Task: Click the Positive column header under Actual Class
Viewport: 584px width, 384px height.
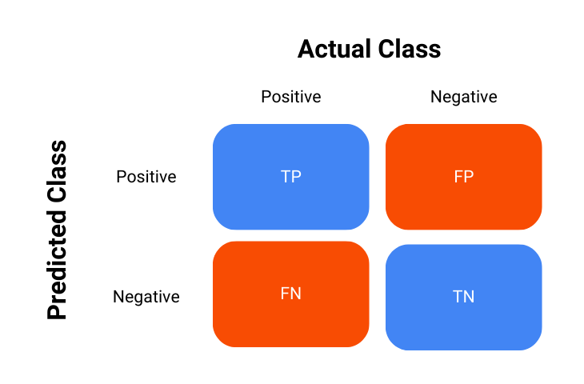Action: tap(290, 97)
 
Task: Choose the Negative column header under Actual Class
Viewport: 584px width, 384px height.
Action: tap(463, 97)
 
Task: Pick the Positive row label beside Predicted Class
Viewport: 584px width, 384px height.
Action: tap(146, 176)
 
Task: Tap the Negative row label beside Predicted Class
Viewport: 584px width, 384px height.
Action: tap(146, 297)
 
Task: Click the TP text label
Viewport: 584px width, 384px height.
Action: tap(291, 177)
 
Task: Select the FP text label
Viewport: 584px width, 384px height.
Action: tap(463, 177)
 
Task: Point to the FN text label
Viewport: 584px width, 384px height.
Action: tap(291, 294)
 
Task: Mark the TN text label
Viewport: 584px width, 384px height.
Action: tap(463, 297)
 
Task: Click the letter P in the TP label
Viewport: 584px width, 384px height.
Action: tap(297, 177)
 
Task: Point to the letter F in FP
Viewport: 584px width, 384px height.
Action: tap(458, 177)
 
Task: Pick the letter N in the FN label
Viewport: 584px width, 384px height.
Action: tap(296, 294)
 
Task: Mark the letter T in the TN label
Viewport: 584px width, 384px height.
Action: tap(458, 297)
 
